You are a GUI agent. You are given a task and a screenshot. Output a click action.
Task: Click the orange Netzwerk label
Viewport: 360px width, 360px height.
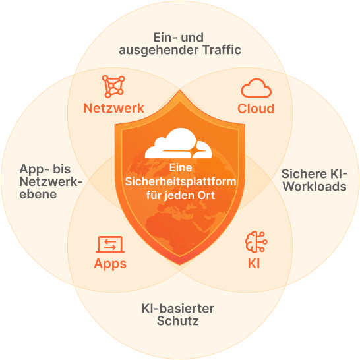[x=113, y=108]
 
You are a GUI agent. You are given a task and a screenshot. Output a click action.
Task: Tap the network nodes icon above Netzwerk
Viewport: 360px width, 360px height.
[x=113, y=86]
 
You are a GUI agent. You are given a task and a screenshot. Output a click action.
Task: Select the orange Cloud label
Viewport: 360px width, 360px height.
[x=256, y=109]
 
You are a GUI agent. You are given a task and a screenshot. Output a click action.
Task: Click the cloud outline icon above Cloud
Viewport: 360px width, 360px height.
[x=256, y=88]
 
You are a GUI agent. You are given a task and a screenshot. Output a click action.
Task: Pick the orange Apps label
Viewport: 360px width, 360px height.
[x=110, y=264]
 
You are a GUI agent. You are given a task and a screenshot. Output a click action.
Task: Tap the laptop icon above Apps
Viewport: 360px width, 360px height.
[x=110, y=244]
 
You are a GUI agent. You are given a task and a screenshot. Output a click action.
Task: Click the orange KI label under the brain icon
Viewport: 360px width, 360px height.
[x=254, y=264]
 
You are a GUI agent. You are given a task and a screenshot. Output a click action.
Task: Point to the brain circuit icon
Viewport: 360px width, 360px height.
[x=256, y=242]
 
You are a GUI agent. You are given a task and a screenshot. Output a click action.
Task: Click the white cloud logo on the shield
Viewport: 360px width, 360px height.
[x=178, y=143]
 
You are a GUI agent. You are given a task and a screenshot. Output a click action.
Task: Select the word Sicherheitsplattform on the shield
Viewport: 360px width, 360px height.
[x=181, y=181]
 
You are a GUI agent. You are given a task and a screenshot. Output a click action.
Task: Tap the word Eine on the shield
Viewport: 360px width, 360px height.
[x=181, y=168]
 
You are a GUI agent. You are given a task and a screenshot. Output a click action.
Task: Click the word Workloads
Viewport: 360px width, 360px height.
[x=315, y=186]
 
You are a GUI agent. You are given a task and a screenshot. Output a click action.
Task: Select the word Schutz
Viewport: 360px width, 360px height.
[x=178, y=320]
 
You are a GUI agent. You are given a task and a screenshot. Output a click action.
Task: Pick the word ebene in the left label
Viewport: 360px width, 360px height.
[x=38, y=195]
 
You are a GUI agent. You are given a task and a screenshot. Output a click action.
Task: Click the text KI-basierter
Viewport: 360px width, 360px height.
[x=178, y=309]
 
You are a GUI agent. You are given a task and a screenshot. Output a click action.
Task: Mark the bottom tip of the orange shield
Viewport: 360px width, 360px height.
[x=180, y=265]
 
